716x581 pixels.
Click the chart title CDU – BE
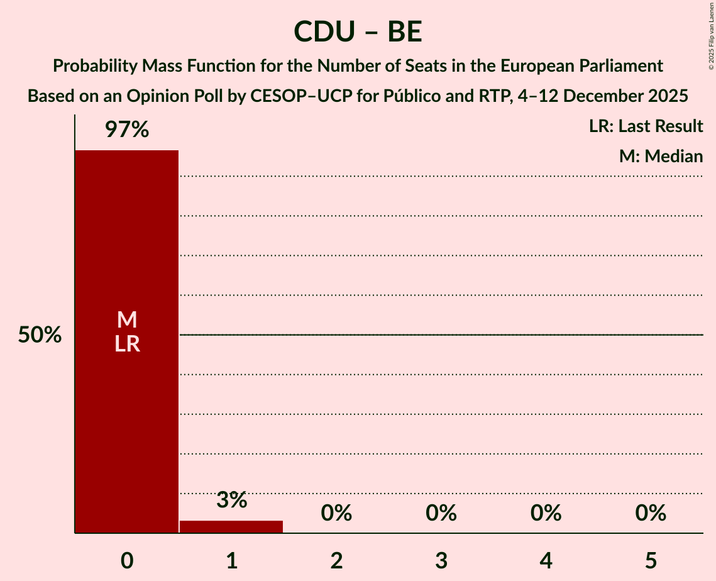click(x=358, y=31)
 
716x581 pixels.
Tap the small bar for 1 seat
click(x=231, y=527)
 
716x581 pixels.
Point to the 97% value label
click(x=126, y=130)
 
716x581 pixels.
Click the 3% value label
click(x=231, y=501)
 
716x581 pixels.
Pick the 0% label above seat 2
click(x=336, y=513)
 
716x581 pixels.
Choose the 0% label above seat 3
click(x=441, y=513)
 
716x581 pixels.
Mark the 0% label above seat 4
click(x=546, y=513)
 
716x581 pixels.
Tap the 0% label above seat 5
click(x=651, y=513)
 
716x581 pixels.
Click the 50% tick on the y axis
click(x=40, y=335)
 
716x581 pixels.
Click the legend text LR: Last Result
click(x=646, y=126)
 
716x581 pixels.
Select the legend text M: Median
click(x=661, y=157)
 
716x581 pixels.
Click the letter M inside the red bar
click(x=126, y=320)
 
